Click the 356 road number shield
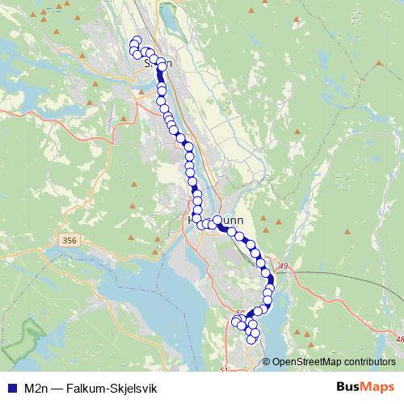click(69, 240)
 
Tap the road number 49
click(282, 265)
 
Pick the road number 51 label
click(224, 369)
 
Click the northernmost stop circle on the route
click(136, 42)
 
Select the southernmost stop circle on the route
click(251, 339)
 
